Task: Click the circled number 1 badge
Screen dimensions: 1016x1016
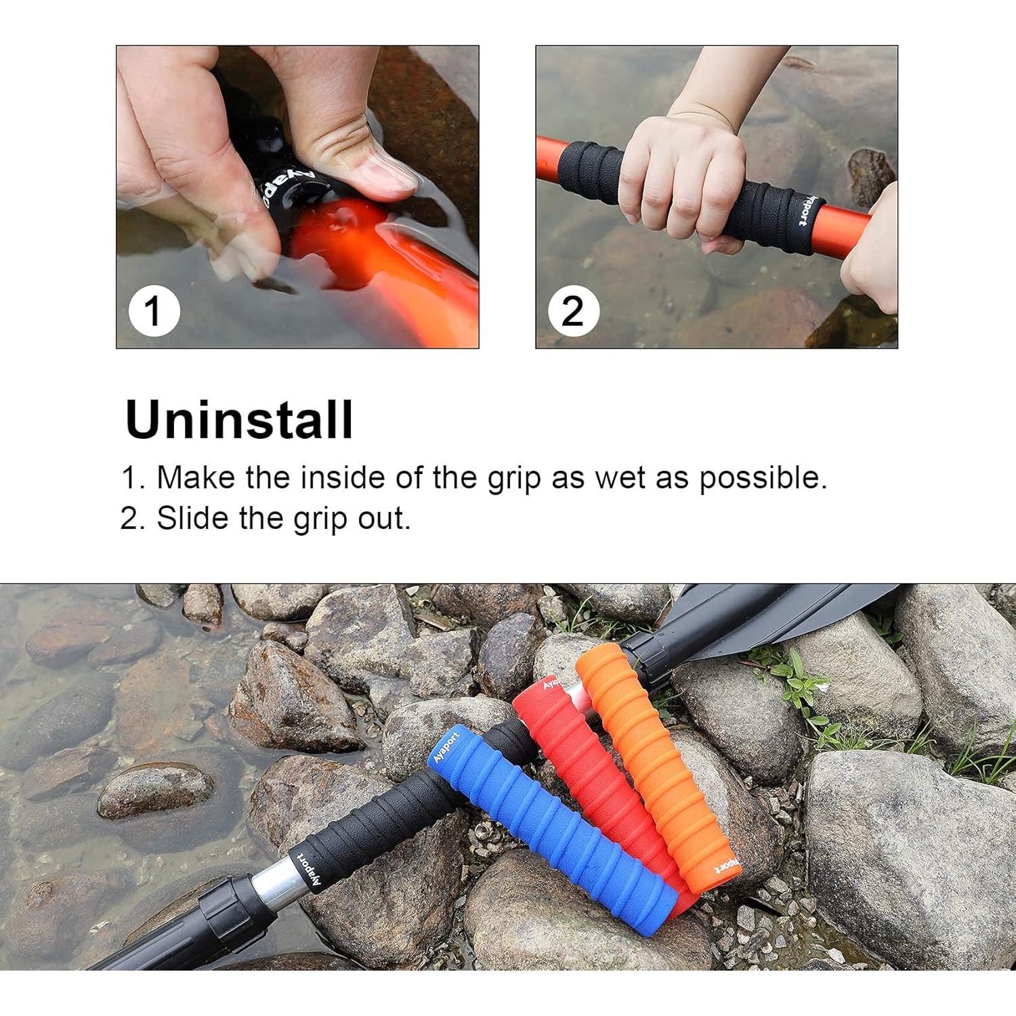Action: (154, 311)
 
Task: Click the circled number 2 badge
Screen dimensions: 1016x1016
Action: (573, 311)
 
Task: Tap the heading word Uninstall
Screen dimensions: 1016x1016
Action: (239, 420)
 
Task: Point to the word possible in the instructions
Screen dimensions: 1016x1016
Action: (763, 479)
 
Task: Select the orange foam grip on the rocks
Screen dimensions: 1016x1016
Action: (654, 765)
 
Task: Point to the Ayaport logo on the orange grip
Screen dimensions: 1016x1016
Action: (726, 866)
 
